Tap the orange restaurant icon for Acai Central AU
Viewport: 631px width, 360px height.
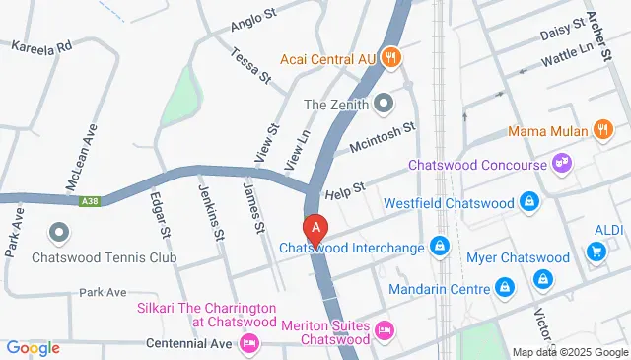tap(391, 57)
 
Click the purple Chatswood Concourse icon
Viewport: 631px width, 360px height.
tap(563, 161)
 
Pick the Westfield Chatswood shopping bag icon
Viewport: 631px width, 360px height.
tap(531, 202)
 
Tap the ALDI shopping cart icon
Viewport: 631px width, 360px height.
tap(596, 252)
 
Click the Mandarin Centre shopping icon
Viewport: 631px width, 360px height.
tap(505, 289)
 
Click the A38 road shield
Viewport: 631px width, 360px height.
tap(88, 200)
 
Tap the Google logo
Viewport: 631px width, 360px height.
tap(33, 347)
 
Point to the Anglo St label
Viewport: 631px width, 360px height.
tap(249, 25)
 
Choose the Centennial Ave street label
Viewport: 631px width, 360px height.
tap(187, 343)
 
